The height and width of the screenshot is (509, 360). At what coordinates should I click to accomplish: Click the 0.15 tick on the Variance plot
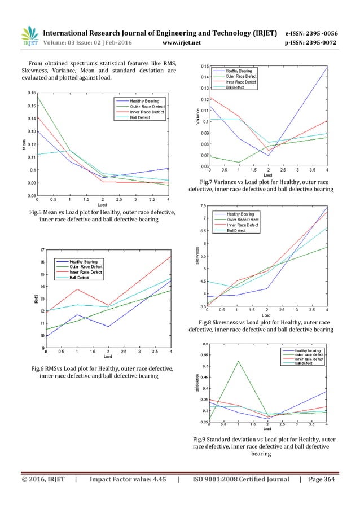[204, 66]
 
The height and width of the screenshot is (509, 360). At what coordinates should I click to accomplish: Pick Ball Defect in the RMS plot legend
[82, 277]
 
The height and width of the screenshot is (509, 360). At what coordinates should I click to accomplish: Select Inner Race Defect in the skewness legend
[243, 225]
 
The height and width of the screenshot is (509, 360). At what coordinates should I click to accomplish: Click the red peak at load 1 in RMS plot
[77, 289]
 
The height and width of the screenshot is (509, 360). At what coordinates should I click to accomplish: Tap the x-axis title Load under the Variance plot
[268, 174]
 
